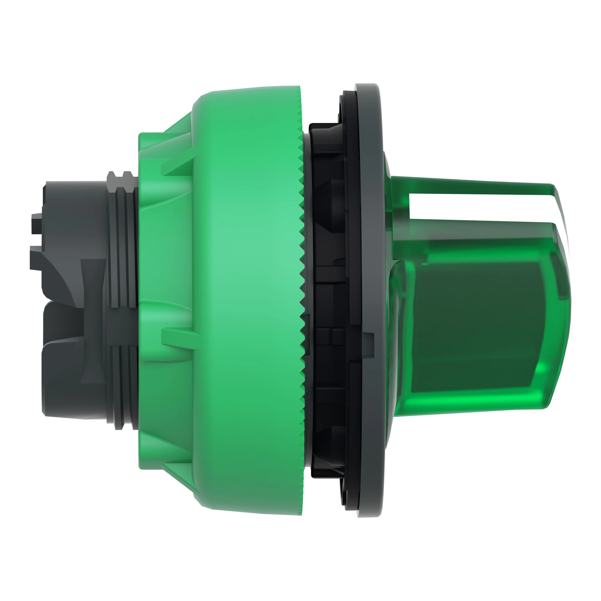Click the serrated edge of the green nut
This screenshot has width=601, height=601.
(301, 280)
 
